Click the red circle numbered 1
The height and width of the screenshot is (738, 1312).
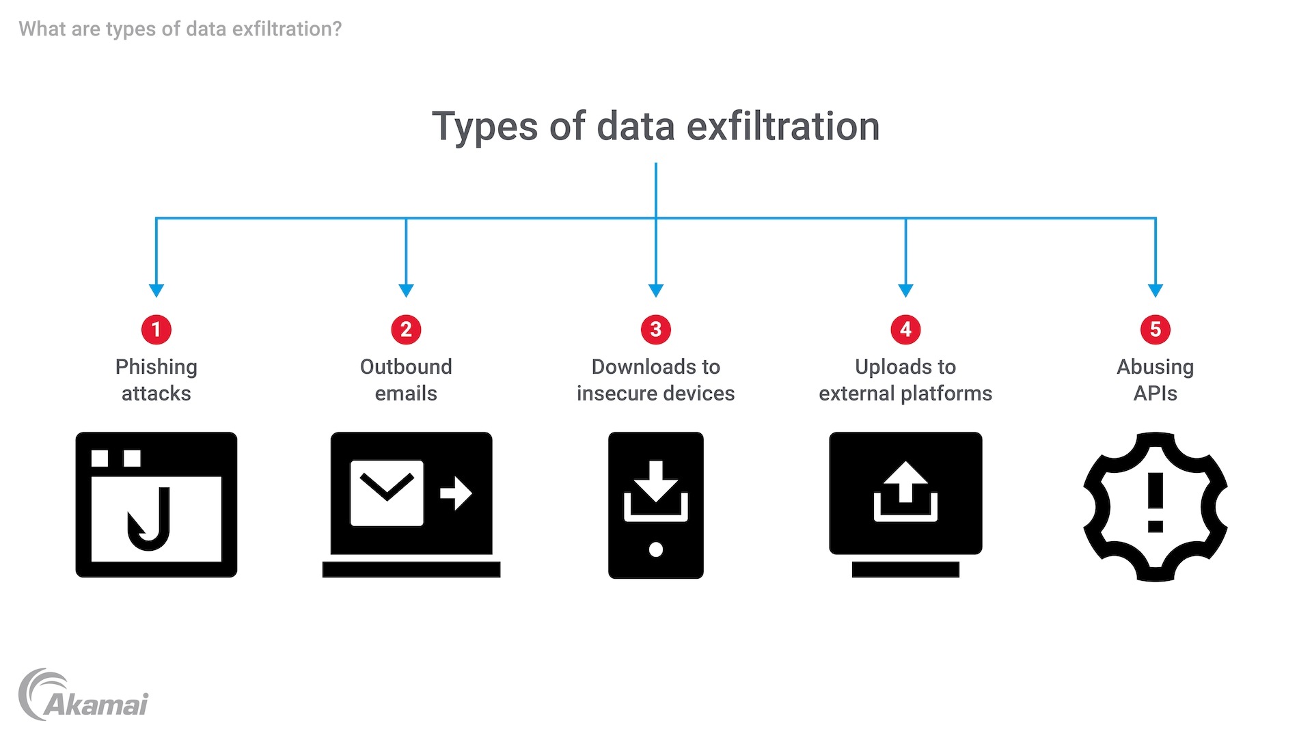pyautogui.click(x=156, y=329)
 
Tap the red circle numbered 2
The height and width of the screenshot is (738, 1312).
pyautogui.click(x=406, y=329)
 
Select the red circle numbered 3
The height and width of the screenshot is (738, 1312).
pyautogui.click(x=656, y=329)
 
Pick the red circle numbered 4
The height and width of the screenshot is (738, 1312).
pyautogui.click(x=905, y=329)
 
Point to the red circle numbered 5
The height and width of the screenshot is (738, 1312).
pyautogui.click(x=1156, y=329)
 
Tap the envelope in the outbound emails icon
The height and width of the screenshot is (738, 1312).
pyautogui.click(x=387, y=493)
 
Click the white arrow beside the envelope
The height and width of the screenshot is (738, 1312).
pyautogui.click(x=456, y=492)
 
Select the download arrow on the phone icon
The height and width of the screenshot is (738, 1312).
pyautogui.click(x=656, y=482)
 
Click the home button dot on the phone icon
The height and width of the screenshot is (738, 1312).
pyautogui.click(x=656, y=549)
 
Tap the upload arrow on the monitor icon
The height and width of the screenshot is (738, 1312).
pyautogui.click(x=905, y=482)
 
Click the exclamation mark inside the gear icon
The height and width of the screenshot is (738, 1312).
pyautogui.click(x=1156, y=502)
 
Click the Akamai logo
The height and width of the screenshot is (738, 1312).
pyautogui.click(x=83, y=696)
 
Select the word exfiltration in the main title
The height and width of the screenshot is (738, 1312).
pyautogui.click(x=783, y=126)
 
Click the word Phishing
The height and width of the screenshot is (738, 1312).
pyautogui.click(x=156, y=367)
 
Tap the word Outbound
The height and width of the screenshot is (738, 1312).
pyautogui.click(x=406, y=367)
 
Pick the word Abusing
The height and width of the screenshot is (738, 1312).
pyautogui.click(x=1156, y=367)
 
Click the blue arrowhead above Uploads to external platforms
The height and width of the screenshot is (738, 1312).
pyautogui.click(x=905, y=290)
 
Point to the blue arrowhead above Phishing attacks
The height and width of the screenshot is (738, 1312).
pyautogui.click(x=156, y=290)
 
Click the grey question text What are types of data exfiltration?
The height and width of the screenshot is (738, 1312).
pyautogui.click(x=180, y=29)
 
